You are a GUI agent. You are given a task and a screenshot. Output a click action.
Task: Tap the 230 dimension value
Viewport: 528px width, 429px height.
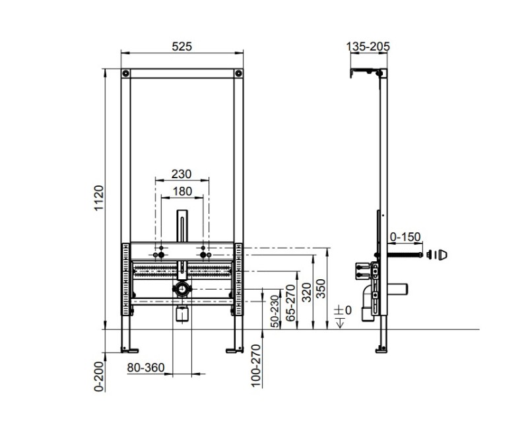coord(181,174)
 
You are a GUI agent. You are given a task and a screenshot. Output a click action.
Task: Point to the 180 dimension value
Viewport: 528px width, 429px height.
coord(181,191)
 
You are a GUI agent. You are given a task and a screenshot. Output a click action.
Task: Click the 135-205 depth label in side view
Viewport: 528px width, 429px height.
coord(368,46)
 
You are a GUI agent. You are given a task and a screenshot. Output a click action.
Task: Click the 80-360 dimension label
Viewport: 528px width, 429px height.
coord(145,368)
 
